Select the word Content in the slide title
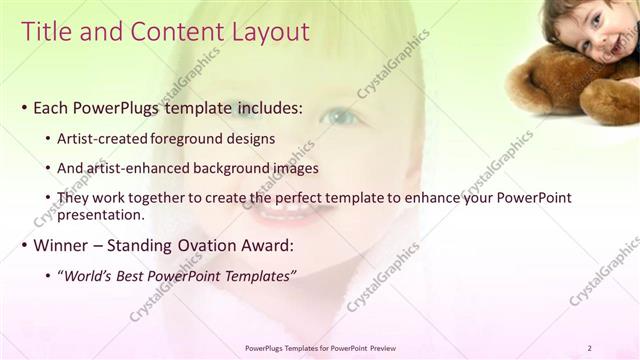coord(167,32)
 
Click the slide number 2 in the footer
coord(590,348)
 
